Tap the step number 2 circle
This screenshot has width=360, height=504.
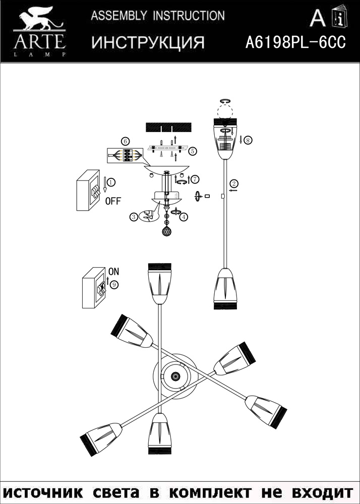click(234, 183)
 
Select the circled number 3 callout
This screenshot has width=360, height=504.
click(133, 217)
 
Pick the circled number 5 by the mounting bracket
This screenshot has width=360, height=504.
click(192, 150)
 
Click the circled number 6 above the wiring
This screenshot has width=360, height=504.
click(126, 141)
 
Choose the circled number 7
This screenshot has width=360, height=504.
click(195, 179)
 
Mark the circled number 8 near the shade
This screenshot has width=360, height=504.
click(248, 140)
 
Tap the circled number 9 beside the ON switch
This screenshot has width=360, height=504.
click(114, 285)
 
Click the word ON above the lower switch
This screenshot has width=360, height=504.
click(114, 271)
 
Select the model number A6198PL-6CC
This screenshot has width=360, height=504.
click(295, 43)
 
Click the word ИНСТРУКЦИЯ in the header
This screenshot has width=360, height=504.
click(148, 43)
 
